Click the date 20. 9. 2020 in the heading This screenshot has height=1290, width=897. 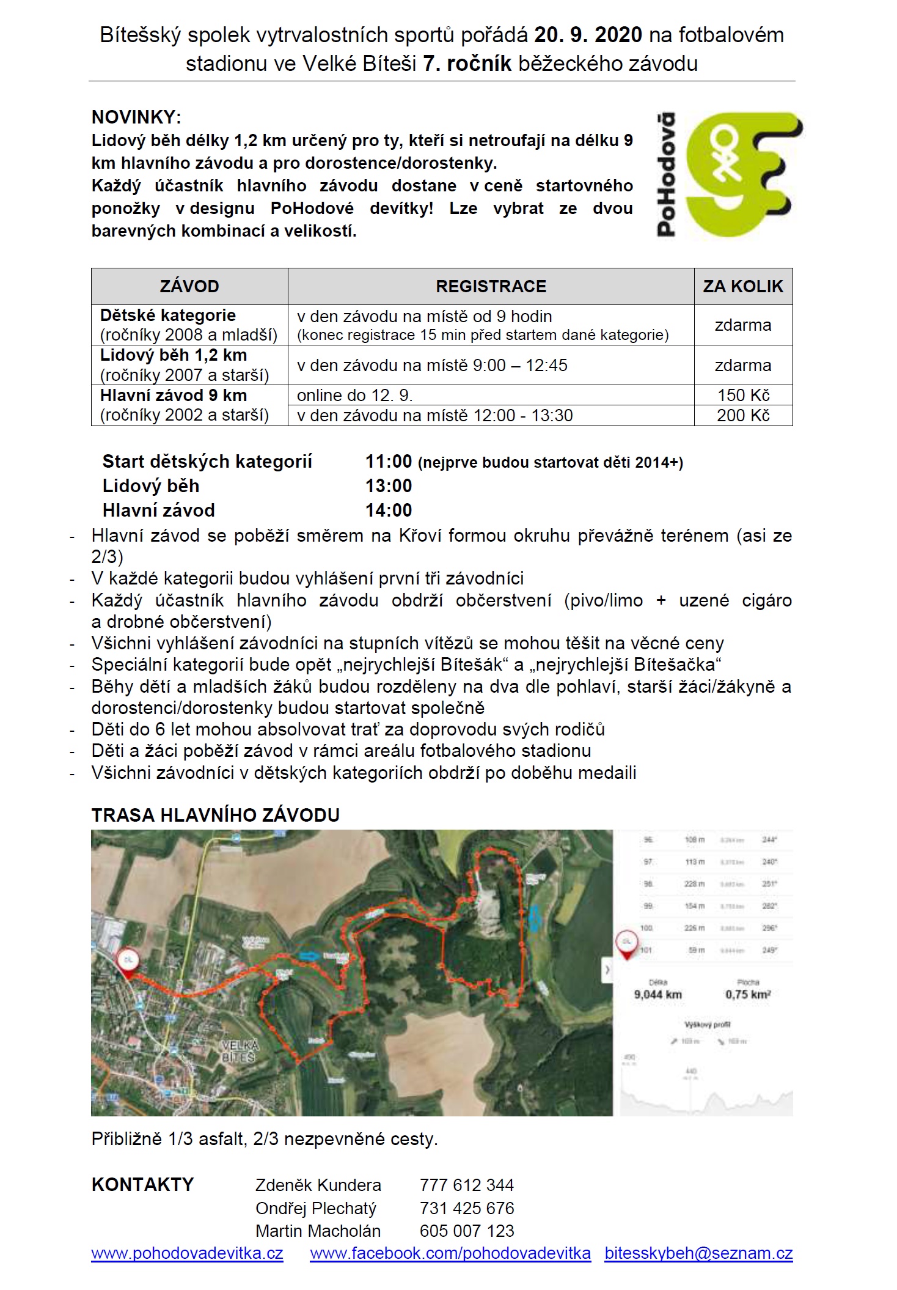[588, 35]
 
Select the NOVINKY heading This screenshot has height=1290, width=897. [136, 117]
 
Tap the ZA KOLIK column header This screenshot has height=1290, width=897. [743, 286]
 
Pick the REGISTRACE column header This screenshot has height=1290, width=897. [491, 286]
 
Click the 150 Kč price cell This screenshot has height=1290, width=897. [743, 395]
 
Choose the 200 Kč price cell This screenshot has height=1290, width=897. [743, 416]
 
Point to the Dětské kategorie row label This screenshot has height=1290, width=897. [168, 315]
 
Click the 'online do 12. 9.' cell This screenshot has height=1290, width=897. [355, 395]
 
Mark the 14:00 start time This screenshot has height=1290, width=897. [389, 510]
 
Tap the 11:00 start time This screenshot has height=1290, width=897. [389, 462]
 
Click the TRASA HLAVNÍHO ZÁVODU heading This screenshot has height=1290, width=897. [216, 815]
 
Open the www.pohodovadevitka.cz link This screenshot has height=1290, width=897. [187, 1253]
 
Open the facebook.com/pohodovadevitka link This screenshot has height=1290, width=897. [450, 1253]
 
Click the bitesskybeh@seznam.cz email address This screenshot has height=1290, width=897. [698, 1253]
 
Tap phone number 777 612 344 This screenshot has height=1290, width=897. [467, 1185]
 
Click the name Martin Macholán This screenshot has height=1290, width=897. [318, 1231]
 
